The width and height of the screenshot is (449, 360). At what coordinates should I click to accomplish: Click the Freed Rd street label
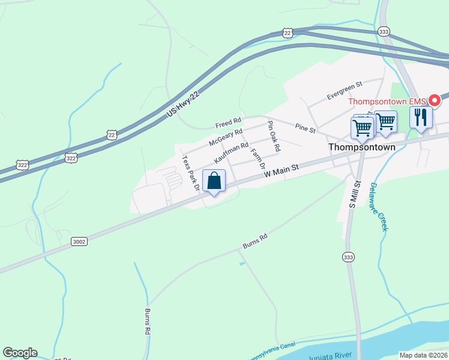[x=228, y=124]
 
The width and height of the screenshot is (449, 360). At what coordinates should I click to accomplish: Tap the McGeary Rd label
[x=225, y=137]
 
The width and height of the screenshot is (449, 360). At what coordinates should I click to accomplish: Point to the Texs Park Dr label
[x=190, y=173]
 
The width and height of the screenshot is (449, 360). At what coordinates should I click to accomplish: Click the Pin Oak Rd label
[x=274, y=136]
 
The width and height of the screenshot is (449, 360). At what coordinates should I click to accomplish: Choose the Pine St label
[x=305, y=127]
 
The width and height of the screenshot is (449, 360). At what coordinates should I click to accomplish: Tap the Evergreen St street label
[x=345, y=91]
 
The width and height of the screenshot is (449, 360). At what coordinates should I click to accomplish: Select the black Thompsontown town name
[x=362, y=146]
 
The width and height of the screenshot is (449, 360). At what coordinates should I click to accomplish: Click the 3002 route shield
[x=79, y=241]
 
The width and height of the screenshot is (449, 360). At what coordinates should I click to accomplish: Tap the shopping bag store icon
[x=214, y=181]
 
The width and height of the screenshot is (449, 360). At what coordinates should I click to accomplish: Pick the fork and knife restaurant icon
[x=421, y=116]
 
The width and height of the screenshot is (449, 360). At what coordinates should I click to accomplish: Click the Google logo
[x=20, y=353]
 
